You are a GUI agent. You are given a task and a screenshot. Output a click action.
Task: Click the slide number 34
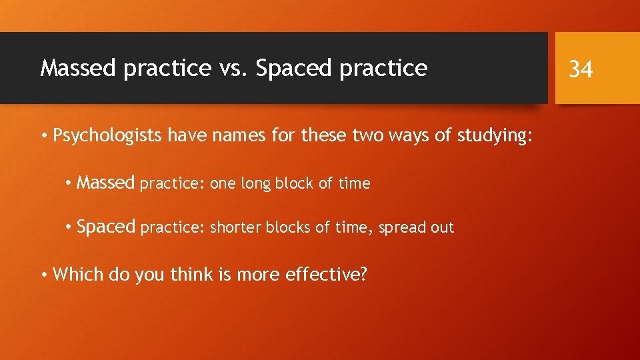581,68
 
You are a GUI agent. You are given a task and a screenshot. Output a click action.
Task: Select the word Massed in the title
77,68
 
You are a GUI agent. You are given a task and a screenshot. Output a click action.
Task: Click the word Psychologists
108,137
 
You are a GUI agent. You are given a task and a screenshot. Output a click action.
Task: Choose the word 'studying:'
495,137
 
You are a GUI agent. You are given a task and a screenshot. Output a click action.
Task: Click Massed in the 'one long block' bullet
106,183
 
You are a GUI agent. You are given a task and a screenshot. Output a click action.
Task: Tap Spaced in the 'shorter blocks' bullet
106,227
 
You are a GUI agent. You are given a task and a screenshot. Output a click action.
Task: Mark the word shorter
236,227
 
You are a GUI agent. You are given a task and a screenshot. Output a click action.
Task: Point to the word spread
403,228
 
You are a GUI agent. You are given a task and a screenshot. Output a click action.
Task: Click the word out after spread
442,228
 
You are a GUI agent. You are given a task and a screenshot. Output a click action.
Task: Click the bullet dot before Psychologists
43,137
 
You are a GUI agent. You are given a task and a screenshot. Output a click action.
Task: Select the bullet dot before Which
43,274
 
